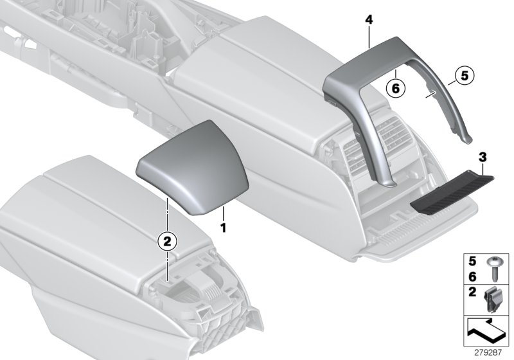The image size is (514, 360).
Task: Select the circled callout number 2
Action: pyautogui.click(x=166, y=241)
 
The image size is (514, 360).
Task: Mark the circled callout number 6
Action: pyautogui.click(x=396, y=87)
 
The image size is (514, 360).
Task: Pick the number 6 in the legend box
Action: pyautogui.click(x=472, y=275)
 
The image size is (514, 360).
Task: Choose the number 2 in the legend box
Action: pyautogui.click(x=472, y=294)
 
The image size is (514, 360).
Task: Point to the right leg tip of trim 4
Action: pyautogui.click(x=472, y=138)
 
